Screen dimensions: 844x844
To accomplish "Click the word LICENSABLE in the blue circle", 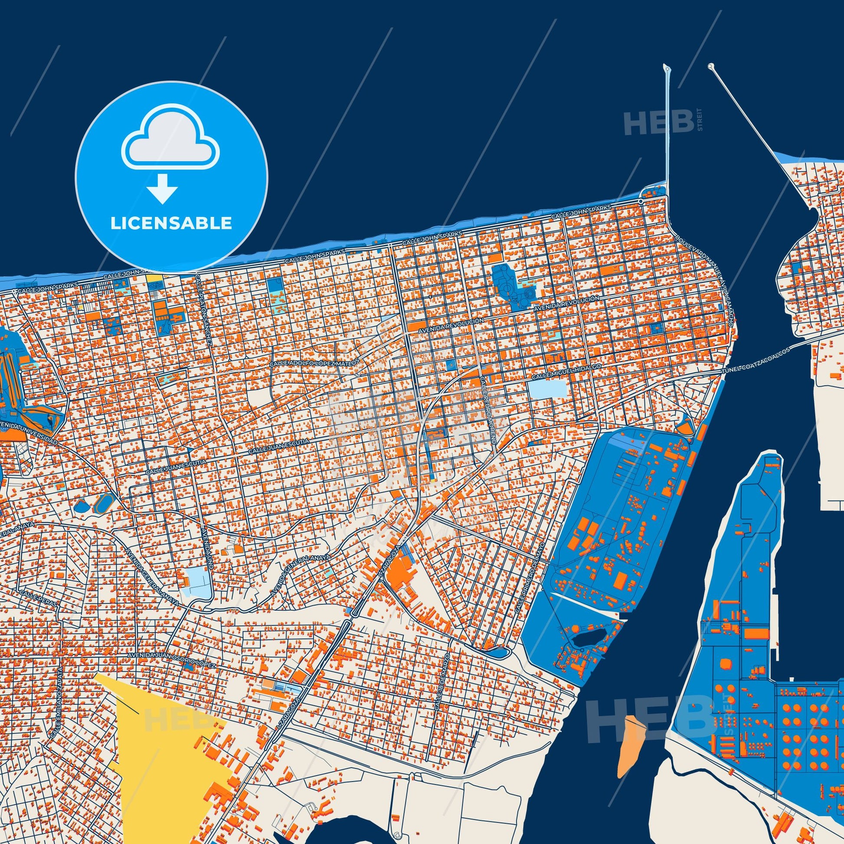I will [x=171, y=223].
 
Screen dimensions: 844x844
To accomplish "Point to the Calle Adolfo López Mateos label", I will [x=314, y=363].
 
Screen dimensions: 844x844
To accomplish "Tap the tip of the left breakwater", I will [x=666, y=68].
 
